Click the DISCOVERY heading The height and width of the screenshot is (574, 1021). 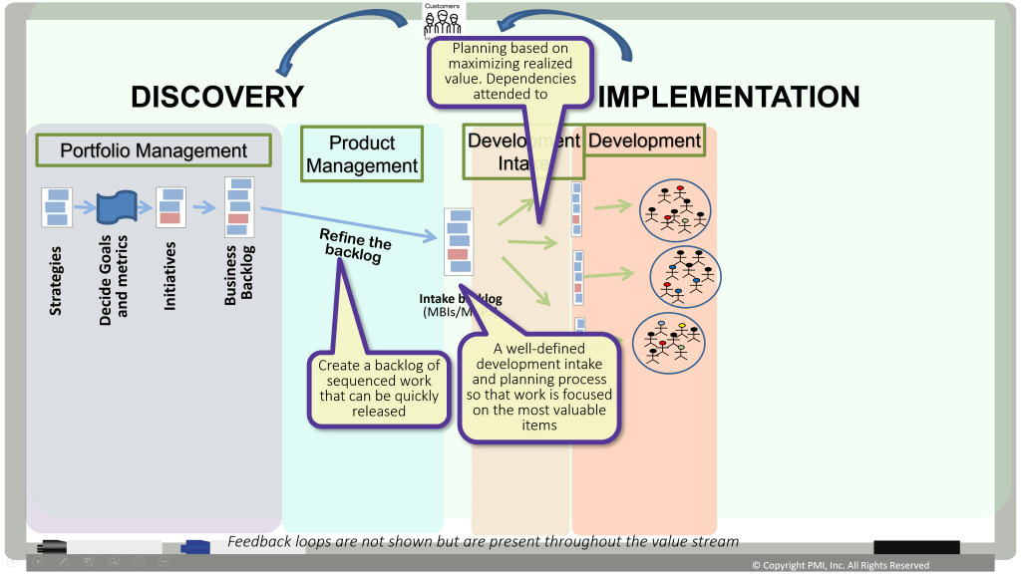[216, 97]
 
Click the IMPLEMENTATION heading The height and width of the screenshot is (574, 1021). [728, 97]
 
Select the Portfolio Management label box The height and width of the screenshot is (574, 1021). [154, 150]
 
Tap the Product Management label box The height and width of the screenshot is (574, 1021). [362, 153]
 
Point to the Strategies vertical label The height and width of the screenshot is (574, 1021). [56, 280]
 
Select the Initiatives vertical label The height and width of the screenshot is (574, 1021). [170, 275]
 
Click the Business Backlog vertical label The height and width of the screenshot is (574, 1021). [239, 272]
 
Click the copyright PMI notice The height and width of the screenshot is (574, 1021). [840, 565]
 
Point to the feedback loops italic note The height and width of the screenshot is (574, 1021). [483, 541]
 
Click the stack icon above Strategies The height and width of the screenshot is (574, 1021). [57, 207]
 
